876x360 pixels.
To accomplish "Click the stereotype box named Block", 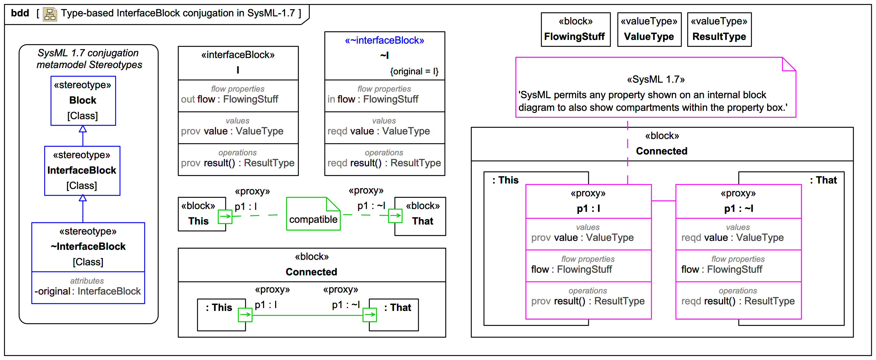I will pyautogui.click(x=83, y=101).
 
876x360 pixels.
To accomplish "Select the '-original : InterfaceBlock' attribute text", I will pyautogui.click(x=88, y=291).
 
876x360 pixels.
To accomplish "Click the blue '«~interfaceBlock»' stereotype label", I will pyautogui.click(x=384, y=40).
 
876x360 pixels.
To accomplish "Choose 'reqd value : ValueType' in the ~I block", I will pyautogui.click(x=378, y=131).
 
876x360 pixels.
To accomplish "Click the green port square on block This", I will pyautogui.click(x=225, y=216).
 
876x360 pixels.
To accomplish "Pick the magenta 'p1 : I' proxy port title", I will pyautogui.click(x=588, y=208).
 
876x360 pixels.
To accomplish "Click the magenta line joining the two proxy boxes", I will pyautogui.click(x=663, y=201).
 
